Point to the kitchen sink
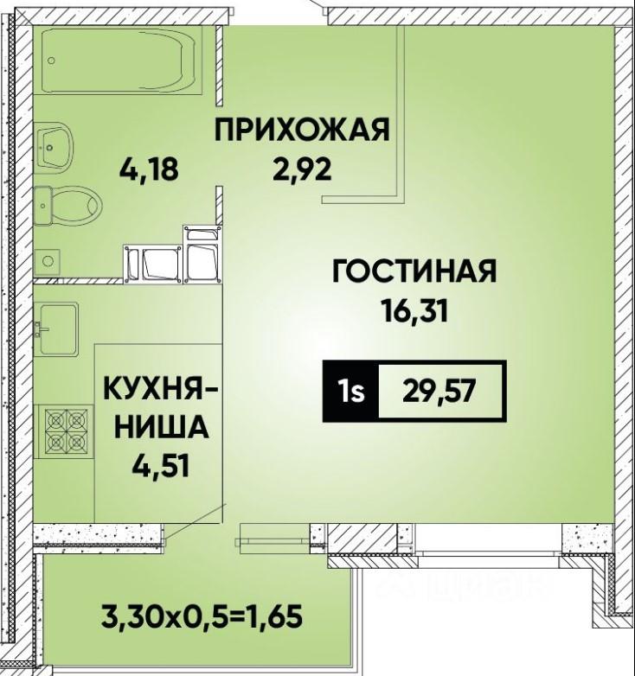click(x=58, y=328)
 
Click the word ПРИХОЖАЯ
click(x=302, y=130)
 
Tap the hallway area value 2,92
click(x=302, y=169)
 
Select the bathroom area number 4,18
click(x=149, y=169)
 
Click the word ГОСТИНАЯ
click(x=414, y=271)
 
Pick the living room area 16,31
click(x=414, y=311)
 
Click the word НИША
click(x=160, y=427)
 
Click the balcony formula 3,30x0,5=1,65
click(x=201, y=616)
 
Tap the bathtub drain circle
click(x=52, y=61)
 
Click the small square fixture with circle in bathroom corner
click(x=47, y=261)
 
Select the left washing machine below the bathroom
click(x=152, y=264)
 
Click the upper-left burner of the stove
click(x=55, y=419)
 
